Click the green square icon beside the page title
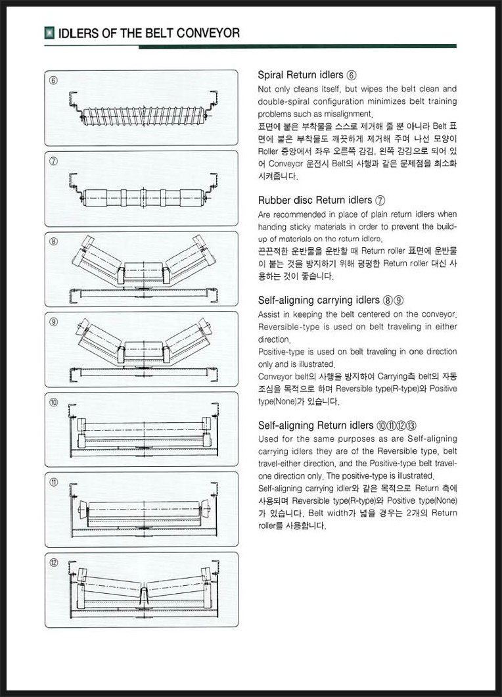49,32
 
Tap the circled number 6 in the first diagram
54,81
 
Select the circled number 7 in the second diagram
54,161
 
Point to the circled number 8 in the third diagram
54,241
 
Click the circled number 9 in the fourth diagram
54,322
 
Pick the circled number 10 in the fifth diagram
54,402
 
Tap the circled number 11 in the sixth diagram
54,482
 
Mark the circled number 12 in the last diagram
54,562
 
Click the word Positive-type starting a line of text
281,352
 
